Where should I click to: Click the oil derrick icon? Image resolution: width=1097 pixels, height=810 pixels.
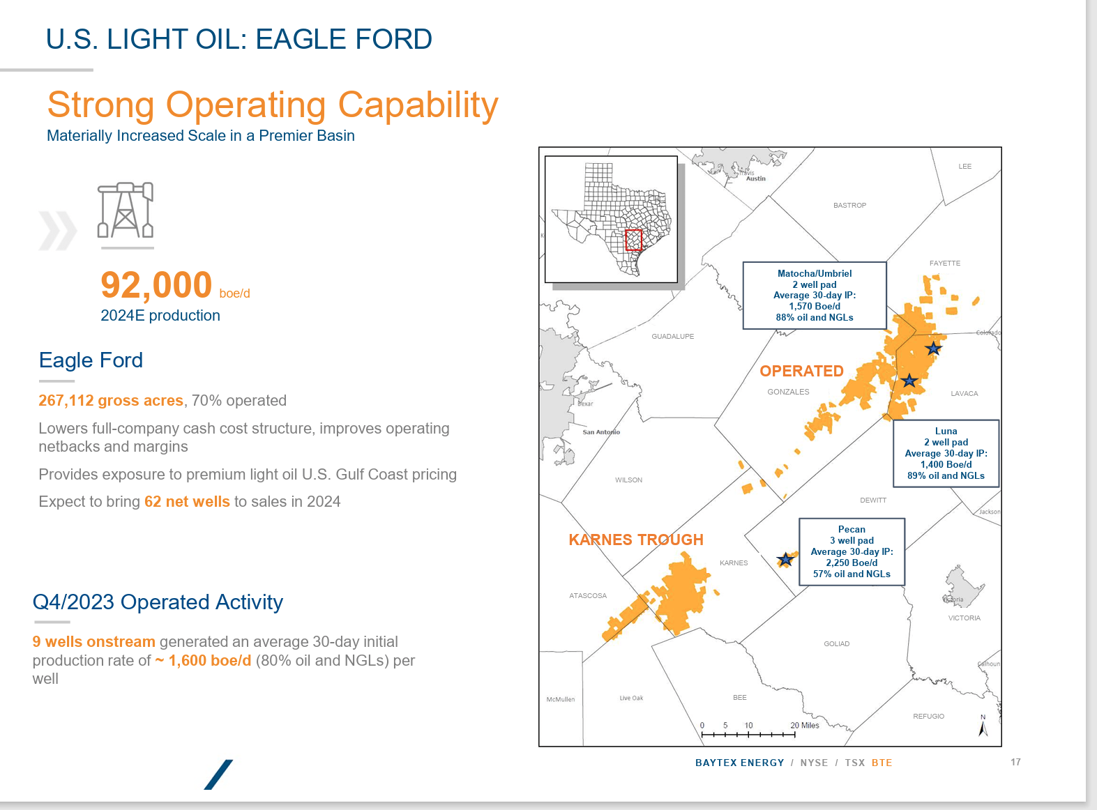tap(126, 211)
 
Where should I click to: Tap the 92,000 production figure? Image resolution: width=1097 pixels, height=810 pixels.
tap(156, 285)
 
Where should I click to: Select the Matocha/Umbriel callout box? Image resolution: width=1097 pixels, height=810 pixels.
tap(815, 296)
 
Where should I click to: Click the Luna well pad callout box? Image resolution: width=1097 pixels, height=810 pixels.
tap(946, 453)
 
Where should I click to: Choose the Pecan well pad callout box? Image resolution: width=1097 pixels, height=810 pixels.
tap(852, 551)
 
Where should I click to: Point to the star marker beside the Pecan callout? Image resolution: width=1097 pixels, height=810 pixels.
tap(786, 559)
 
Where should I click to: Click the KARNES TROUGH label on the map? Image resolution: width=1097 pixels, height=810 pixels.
tap(636, 540)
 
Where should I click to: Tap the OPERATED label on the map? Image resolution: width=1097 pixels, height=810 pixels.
tap(801, 371)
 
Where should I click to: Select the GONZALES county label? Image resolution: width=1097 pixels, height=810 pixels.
tap(788, 392)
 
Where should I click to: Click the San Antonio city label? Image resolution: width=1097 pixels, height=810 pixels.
tap(601, 432)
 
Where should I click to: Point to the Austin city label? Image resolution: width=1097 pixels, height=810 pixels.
tap(756, 178)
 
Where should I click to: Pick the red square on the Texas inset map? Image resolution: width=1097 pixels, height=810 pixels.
tap(633, 240)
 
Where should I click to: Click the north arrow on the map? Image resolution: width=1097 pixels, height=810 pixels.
tap(983, 726)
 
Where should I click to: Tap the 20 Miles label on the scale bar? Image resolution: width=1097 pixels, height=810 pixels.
tap(805, 726)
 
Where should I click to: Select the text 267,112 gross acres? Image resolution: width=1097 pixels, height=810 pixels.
tap(111, 401)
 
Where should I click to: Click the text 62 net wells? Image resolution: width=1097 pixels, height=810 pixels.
tap(187, 502)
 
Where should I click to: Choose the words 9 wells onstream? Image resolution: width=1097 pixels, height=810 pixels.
tap(93, 642)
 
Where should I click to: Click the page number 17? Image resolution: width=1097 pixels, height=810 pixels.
tap(1015, 762)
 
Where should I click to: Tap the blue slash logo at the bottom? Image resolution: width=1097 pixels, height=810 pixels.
tap(218, 774)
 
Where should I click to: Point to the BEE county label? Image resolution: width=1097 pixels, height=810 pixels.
tap(740, 698)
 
